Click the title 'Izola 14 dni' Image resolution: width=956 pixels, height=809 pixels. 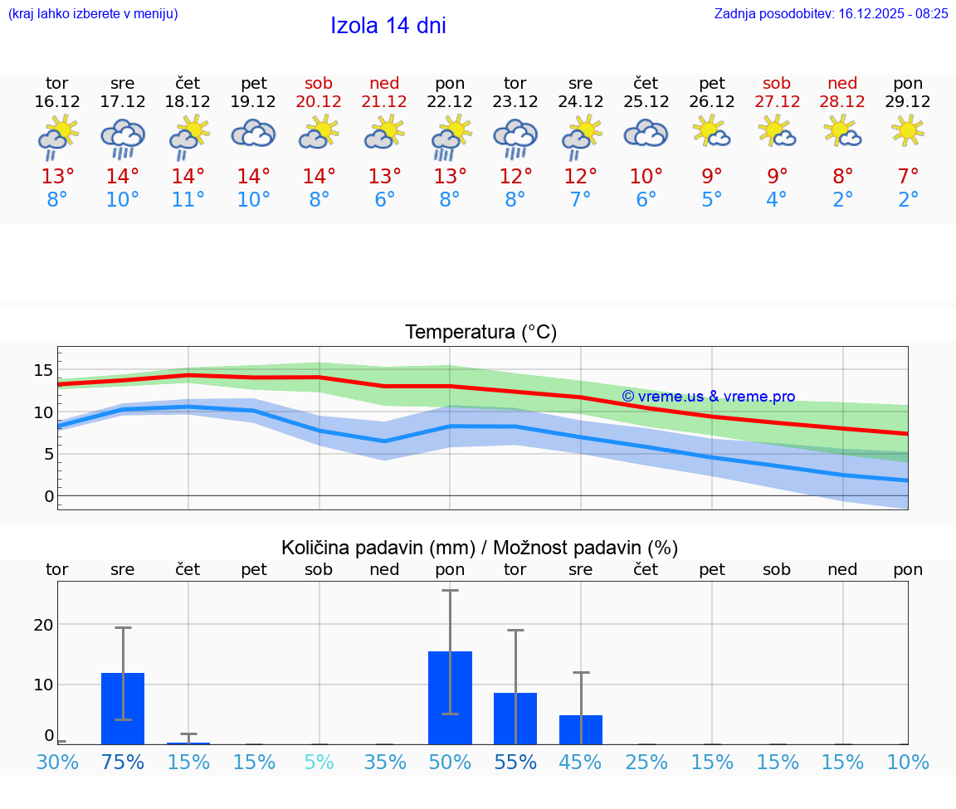388,26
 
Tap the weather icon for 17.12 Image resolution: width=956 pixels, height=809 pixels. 123,137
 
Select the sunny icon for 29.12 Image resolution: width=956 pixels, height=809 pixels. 908,130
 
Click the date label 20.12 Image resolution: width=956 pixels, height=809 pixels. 319,102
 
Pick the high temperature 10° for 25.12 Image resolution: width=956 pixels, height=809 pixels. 646,177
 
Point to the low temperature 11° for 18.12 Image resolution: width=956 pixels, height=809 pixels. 188,200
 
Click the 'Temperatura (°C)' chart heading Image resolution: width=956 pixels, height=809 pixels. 480,333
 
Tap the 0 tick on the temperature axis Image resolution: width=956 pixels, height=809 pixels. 49,496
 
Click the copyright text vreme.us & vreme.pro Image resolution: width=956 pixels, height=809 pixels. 708,397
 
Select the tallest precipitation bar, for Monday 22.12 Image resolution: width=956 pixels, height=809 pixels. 450,698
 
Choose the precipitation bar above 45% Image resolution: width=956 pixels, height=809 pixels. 581,729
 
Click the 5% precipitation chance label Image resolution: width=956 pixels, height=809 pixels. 319,763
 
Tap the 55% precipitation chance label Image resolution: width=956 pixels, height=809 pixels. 515,763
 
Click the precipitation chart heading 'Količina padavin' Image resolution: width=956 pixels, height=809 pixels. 480,548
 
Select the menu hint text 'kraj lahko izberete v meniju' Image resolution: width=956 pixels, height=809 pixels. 93,13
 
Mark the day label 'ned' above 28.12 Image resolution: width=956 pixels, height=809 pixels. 842,83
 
